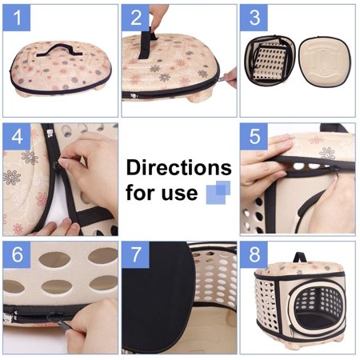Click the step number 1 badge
click(x=17, y=18)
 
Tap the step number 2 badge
click(x=135, y=18)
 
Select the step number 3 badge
click(x=254, y=18)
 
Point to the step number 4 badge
click(x=17, y=136)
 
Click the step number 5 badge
click(x=254, y=136)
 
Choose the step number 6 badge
click(x=17, y=254)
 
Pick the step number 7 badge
click(x=135, y=254)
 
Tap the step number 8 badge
click(x=254, y=254)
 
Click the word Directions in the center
click(x=179, y=167)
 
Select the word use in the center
click(x=179, y=193)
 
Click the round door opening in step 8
click(x=318, y=307)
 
